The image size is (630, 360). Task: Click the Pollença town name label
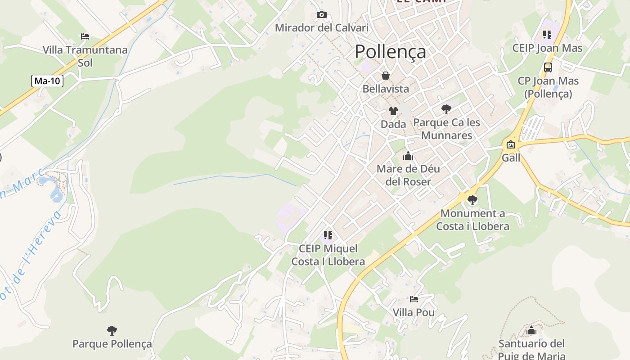pyautogui.click(x=390, y=52)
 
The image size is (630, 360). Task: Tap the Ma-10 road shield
pyautogui.click(x=47, y=81)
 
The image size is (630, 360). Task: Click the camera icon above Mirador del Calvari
pyautogui.click(x=321, y=15)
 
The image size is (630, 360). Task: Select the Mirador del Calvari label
pyautogui.click(x=321, y=28)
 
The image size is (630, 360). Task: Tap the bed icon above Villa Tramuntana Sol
pyautogui.click(x=85, y=36)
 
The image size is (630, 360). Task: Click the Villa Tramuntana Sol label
pyautogui.click(x=85, y=56)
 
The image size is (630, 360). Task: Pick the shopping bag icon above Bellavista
pyautogui.click(x=386, y=76)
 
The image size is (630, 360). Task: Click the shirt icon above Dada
pyautogui.click(x=393, y=111)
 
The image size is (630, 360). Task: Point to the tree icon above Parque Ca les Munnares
pyautogui.click(x=446, y=109)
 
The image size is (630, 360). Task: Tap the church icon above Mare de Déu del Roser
pyautogui.click(x=408, y=156)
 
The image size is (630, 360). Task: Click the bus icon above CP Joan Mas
pyautogui.click(x=548, y=67)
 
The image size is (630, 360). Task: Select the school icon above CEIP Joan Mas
pyautogui.click(x=547, y=35)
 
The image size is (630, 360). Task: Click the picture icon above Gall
pyautogui.click(x=511, y=144)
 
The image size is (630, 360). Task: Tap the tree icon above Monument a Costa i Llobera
pyautogui.click(x=472, y=200)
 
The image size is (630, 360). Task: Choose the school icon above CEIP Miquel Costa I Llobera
pyautogui.click(x=328, y=235)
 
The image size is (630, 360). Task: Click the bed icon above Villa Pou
pyautogui.click(x=414, y=299)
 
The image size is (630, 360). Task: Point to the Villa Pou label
pyautogui.click(x=414, y=312)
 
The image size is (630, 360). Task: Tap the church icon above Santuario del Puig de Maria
pyautogui.click(x=531, y=331)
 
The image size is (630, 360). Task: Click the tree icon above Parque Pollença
pyautogui.click(x=112, y=331)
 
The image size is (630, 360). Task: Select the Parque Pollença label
pyautogui.click(x=112, y=344)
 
